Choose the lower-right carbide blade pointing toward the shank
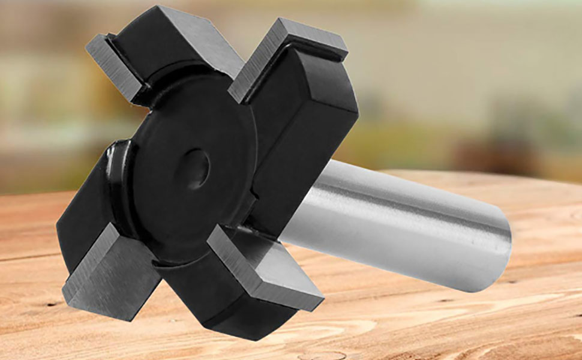pos(264,264)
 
